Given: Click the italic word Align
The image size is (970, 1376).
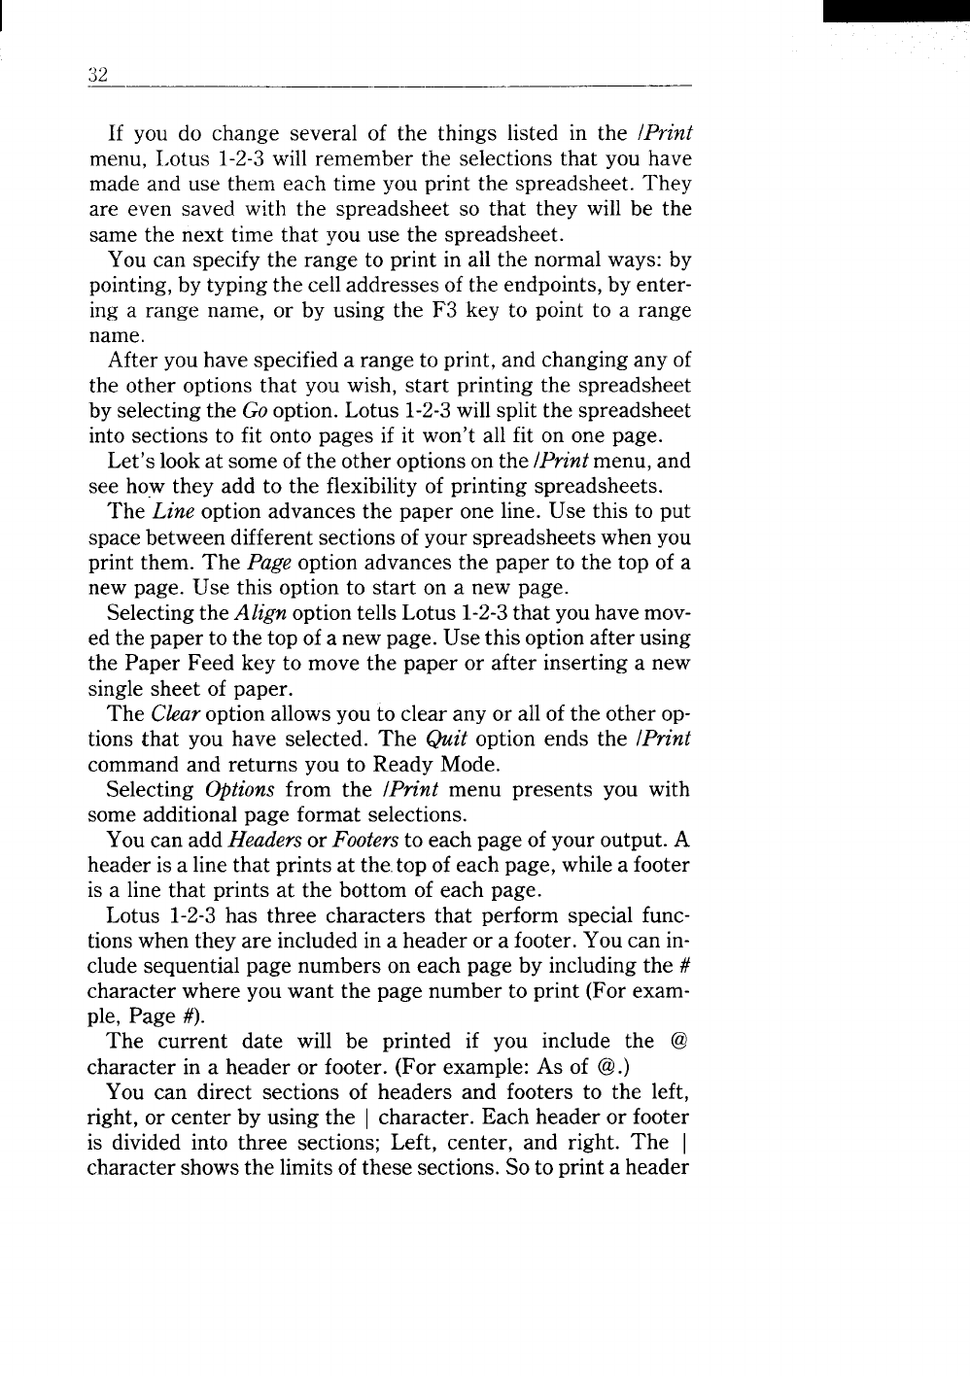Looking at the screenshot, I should [x=259, y=613].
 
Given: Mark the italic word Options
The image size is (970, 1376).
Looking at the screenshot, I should [x=239, y=790].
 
